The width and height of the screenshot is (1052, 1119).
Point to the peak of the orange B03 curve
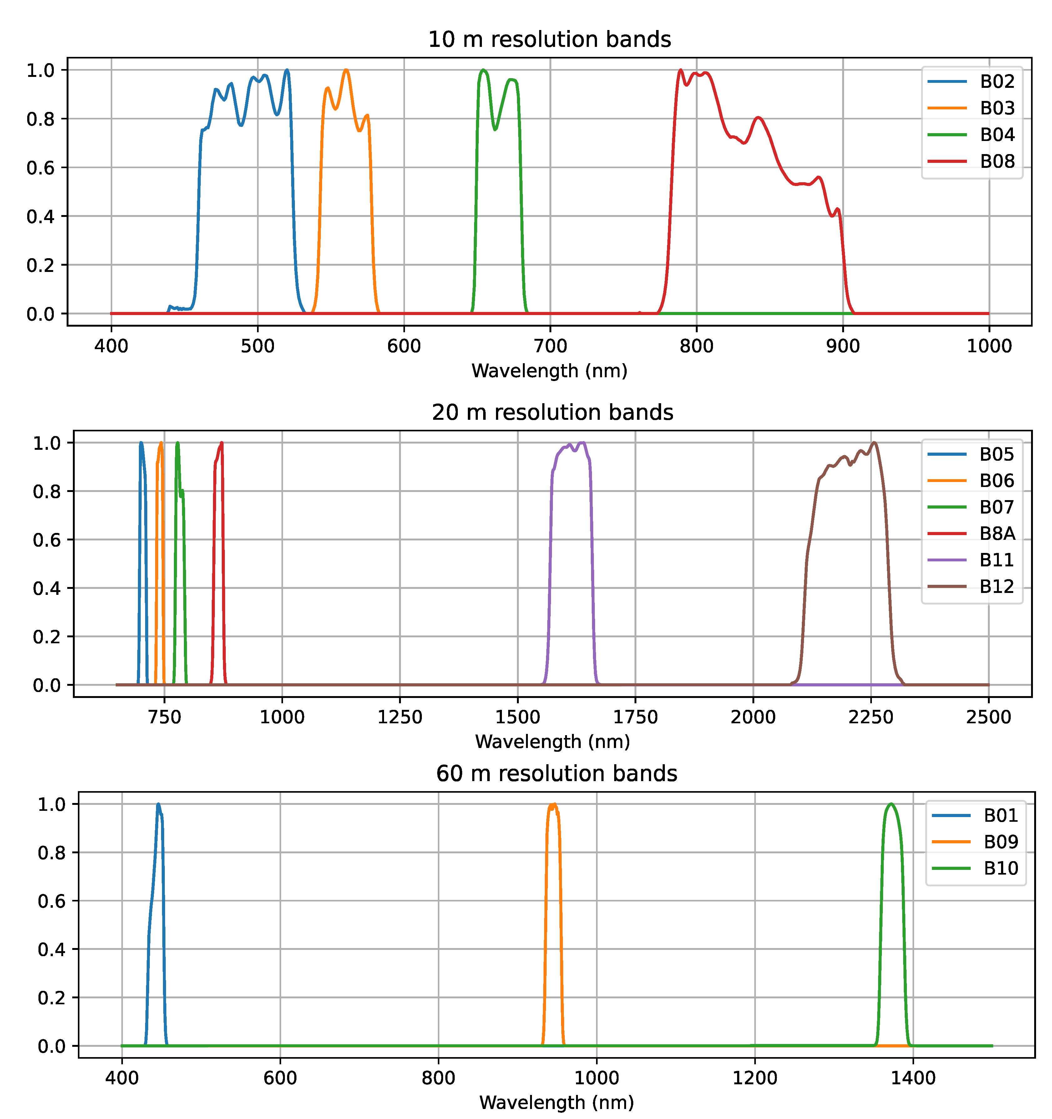(346, 70)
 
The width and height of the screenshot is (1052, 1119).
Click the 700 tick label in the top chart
(550, 346)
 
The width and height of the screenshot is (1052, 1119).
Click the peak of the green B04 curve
(483, 70)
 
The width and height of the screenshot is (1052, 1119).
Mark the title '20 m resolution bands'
(552, 413)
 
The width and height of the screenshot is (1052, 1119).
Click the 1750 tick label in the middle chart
(635, 717)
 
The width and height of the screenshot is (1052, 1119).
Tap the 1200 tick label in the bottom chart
(755, 1078)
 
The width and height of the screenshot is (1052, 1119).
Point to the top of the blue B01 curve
(158, 804)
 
